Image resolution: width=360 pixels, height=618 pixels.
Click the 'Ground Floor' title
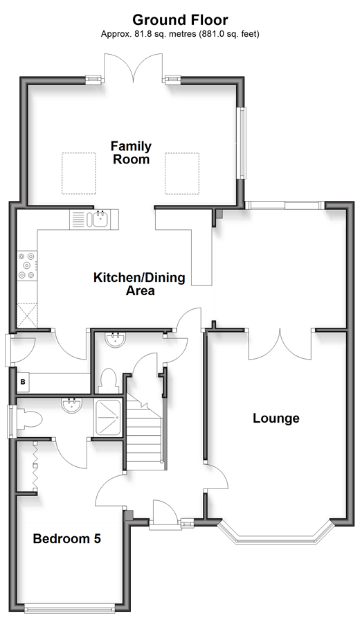pyautogui.click(x=180, y=19)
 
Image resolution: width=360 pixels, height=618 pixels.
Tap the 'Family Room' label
pyautogui.click(x=131, y=153)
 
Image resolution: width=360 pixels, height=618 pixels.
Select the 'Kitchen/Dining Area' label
pyautogui.click(x=139, y=284)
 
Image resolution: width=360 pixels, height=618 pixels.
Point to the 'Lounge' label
pyautogui.click(x=276, y=418)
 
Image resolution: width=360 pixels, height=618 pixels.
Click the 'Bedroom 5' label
pyautogui.click(x=67, y=538)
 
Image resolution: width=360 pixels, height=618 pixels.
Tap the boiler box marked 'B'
pyautogui.click(x=23, y=382)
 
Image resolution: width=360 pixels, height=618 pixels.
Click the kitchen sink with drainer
pyautogui.click(x=94, y=219)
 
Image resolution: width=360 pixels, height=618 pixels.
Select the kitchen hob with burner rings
pyautogui.click(x=27, y=265)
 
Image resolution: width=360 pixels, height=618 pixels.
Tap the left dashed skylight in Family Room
pyautogui.click(x=79, y=173)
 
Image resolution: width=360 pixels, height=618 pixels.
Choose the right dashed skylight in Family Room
pyautogui.click(x=181, y=173)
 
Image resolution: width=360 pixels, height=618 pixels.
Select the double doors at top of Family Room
pyautogui.click(x=134, y=68)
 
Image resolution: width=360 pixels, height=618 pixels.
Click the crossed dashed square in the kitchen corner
pyautogui.click(x=27, y=316)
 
